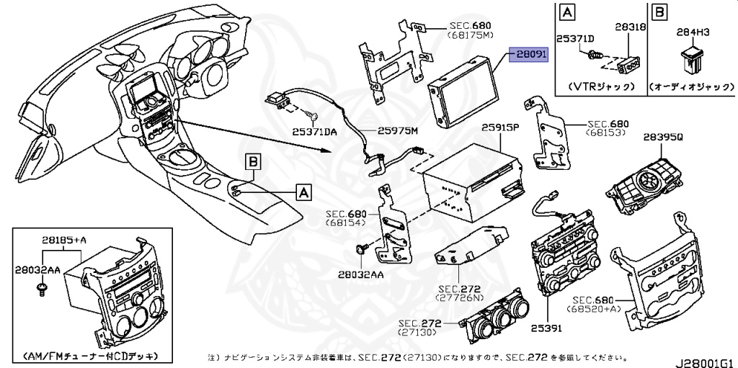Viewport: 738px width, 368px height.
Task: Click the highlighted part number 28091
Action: coord(530,55)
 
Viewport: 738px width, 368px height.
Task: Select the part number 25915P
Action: coord(501,127)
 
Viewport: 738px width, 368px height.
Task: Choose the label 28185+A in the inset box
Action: coord(63,240)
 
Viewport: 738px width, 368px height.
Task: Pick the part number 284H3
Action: coord(693,32)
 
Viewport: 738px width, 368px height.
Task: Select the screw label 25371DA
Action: coord(315,132)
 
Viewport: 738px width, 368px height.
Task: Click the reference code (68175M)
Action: coord(470,34)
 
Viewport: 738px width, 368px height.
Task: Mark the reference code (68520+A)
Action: coord(597,309)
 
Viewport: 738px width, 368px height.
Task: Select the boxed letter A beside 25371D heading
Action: coord(567,12)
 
